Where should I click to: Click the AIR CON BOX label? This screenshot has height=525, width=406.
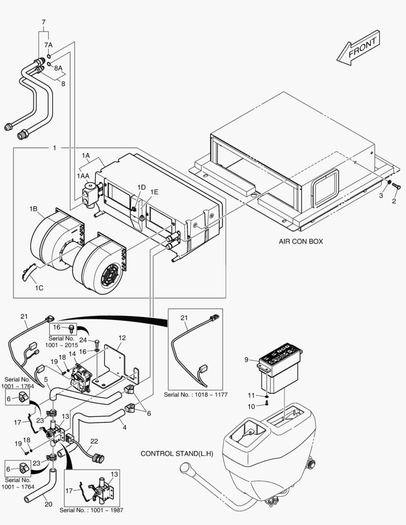click(300, 241)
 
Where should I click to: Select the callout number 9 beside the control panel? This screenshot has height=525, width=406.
click(247, 360)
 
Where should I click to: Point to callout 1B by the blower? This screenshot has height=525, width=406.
click(33, 209)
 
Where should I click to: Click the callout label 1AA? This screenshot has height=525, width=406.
click(82, 175)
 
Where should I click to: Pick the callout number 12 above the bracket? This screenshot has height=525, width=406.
click(122, 337)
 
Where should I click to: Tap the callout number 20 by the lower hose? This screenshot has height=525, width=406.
click(48, 504)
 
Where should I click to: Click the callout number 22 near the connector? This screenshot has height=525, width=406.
click(94, 441)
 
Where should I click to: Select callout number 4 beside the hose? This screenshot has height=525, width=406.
click(124, 428)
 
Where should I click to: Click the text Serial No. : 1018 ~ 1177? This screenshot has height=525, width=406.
click(195, 394)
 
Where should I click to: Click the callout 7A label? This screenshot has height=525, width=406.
click(48, 45)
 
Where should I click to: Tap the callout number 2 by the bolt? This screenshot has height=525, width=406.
click(394, 200)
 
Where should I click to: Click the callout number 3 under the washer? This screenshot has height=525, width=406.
click(381, 195)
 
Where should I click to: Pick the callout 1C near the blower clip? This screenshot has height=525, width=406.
click(39, 288)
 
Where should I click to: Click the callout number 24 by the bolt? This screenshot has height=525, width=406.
click(83, 340)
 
